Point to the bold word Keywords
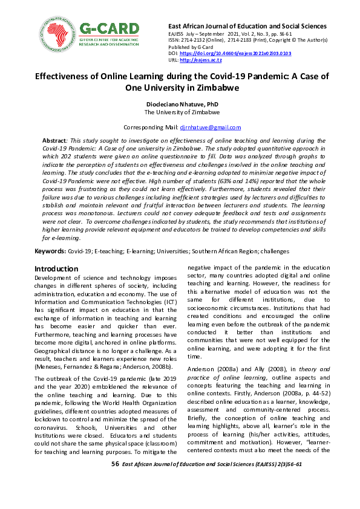tap(50, 250)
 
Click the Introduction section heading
tap(56, 268)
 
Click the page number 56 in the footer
tap(115, 464)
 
